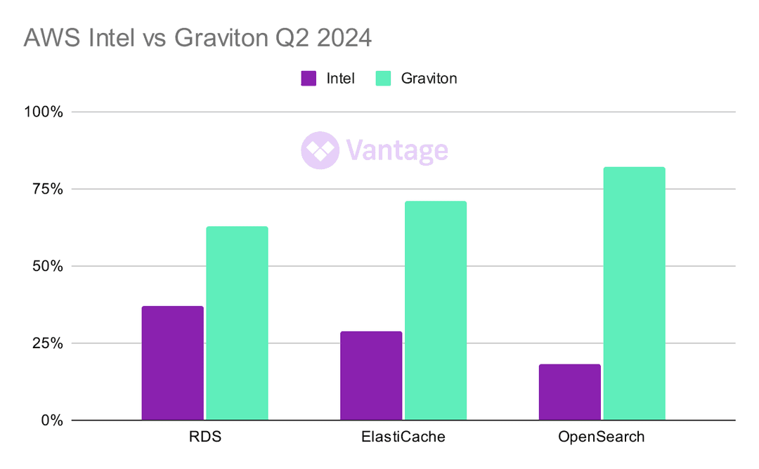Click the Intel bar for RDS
172,363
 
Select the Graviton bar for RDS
237,323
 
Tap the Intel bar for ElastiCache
371,376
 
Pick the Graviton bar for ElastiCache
435,310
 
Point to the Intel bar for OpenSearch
570,392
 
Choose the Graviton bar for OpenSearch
634,293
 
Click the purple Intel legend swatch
309,78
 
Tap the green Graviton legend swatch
383,78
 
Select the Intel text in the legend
340,78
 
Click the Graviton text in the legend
429,78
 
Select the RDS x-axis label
205,437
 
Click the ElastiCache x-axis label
403,437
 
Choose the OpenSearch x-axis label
602,437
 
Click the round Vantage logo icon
320,150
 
